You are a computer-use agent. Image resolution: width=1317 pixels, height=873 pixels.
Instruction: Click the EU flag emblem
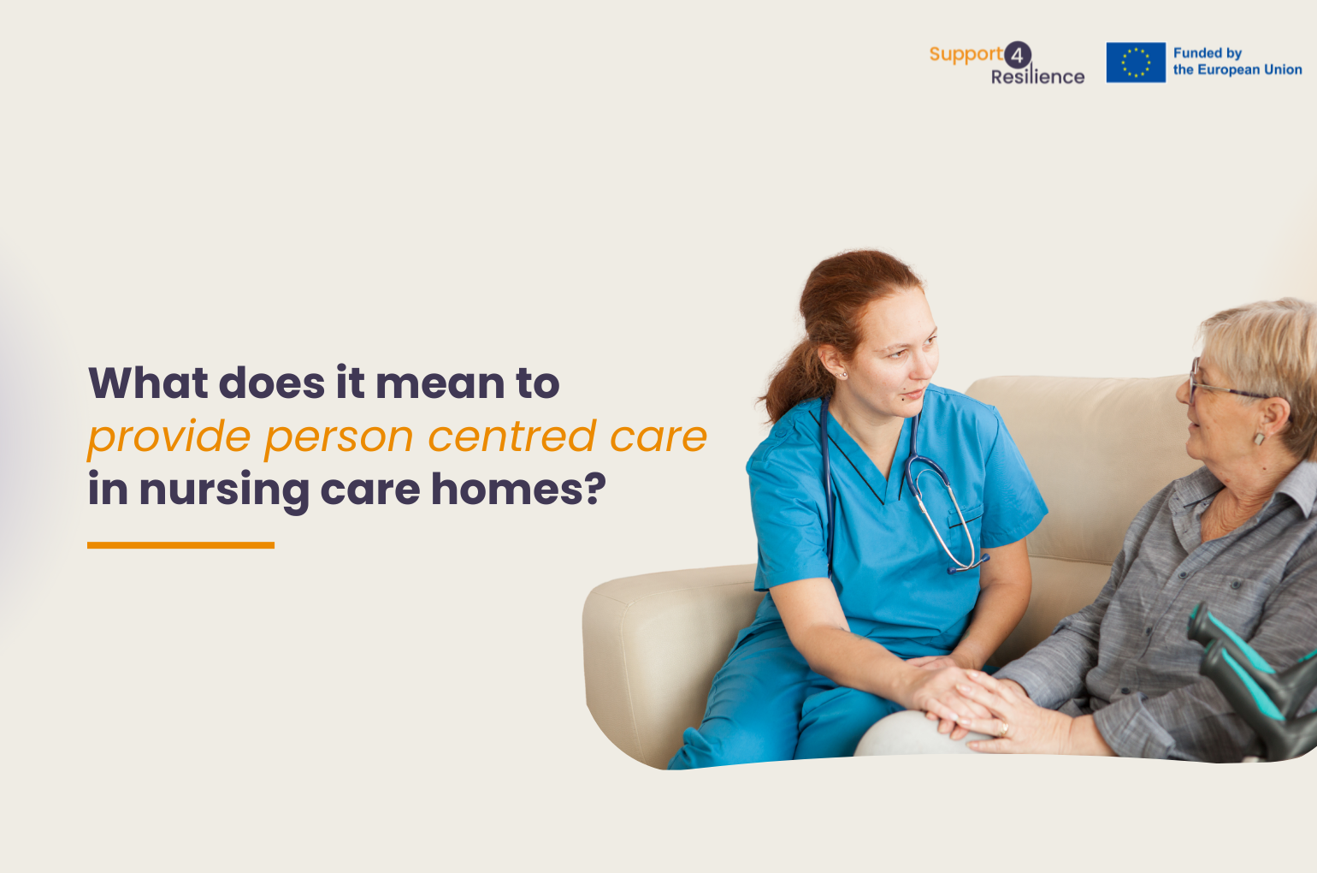(x=1136, y=62)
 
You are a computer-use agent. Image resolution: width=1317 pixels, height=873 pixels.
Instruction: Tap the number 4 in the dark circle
(x=1017, y=56)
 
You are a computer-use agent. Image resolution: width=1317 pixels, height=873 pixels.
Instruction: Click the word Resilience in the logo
(x=1037, y=76)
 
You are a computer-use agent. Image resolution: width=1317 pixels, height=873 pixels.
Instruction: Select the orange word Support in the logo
(x=966, y=54)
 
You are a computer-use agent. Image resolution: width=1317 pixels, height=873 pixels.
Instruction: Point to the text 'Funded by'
(x=1208, y=53)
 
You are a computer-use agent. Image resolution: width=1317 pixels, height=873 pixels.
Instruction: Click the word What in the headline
(x=148, y=383)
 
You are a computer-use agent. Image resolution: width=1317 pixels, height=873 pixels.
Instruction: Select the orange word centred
(x=512, y=436)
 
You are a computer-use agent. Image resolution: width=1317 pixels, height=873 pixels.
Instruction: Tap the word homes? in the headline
(x=518, y=489)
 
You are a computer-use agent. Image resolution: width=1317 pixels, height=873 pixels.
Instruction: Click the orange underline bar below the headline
(x=180, y=545)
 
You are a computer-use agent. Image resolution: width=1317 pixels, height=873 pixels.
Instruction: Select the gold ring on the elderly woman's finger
(x=1005, y=729)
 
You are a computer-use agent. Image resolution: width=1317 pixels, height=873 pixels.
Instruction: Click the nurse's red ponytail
(x=794, y=377)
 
